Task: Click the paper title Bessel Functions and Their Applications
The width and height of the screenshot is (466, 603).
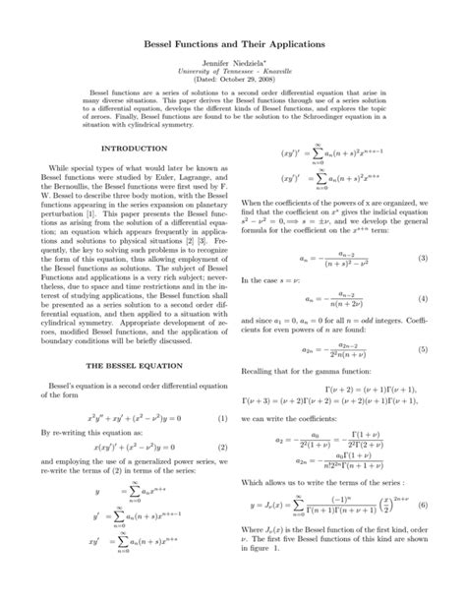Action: click(233, 45)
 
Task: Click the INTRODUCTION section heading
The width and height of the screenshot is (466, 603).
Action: click(135, 149)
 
